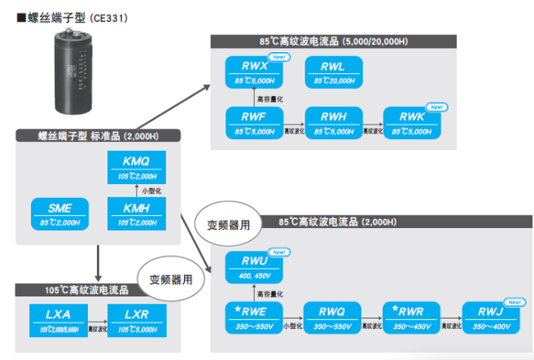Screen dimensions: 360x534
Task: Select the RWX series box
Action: point(253,73)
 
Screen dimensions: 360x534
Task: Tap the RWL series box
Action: point(333,73)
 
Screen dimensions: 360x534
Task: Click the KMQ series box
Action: point(137,168)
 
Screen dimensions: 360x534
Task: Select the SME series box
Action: point(59,214)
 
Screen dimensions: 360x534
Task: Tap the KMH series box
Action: point(137,214)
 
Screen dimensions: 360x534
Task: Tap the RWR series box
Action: point(412,316)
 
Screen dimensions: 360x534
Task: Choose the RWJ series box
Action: point(491,316)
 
